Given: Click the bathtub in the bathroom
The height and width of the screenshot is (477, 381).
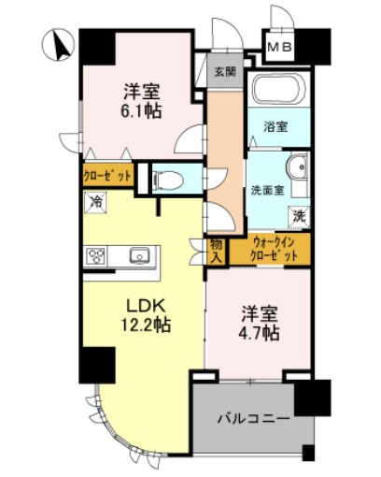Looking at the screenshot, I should (x=276, y=94).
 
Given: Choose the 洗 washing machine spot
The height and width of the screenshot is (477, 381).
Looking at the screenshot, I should (x=299, y=215).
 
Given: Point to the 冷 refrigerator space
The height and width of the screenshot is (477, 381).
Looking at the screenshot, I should (x=96, y=200).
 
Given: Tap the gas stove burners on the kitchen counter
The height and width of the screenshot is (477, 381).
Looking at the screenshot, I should (x=98, y=255).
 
